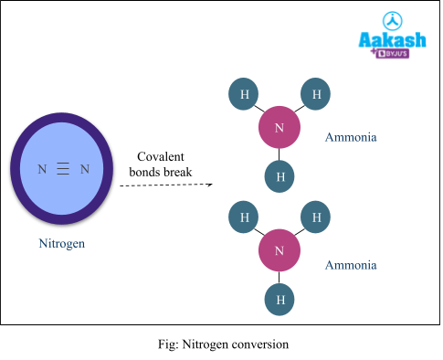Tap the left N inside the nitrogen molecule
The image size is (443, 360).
(x=41, y=169)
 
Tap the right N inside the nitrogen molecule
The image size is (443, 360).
(x=85, y=169)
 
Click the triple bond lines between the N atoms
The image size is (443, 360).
(x=63, y=169)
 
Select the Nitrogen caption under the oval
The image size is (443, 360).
(x=62, y=244)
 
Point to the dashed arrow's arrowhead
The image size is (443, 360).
(x=209, y=185)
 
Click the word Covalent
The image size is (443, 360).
(x=160, y=156)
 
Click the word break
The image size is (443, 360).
(x=178, y=172)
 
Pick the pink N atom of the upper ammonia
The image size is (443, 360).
(x=280, y=127)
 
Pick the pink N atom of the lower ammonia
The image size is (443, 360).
(x=280, y=250)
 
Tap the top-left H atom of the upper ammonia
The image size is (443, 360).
(x=244, y=94)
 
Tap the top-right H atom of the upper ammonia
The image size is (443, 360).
(x=316, y=94)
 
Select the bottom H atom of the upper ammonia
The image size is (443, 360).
(x=280, y=176)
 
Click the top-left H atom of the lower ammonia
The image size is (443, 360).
(x=244, y=217)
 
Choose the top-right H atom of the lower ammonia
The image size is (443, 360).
(x=316, y=217)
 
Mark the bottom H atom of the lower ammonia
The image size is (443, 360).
(x=280, y=299)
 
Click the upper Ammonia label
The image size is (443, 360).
(x=351, y=138)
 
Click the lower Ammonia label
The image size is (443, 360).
(x=351, y=266)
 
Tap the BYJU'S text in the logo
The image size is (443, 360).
(x=400, y=54)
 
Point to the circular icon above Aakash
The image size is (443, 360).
(x=392, y=20)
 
